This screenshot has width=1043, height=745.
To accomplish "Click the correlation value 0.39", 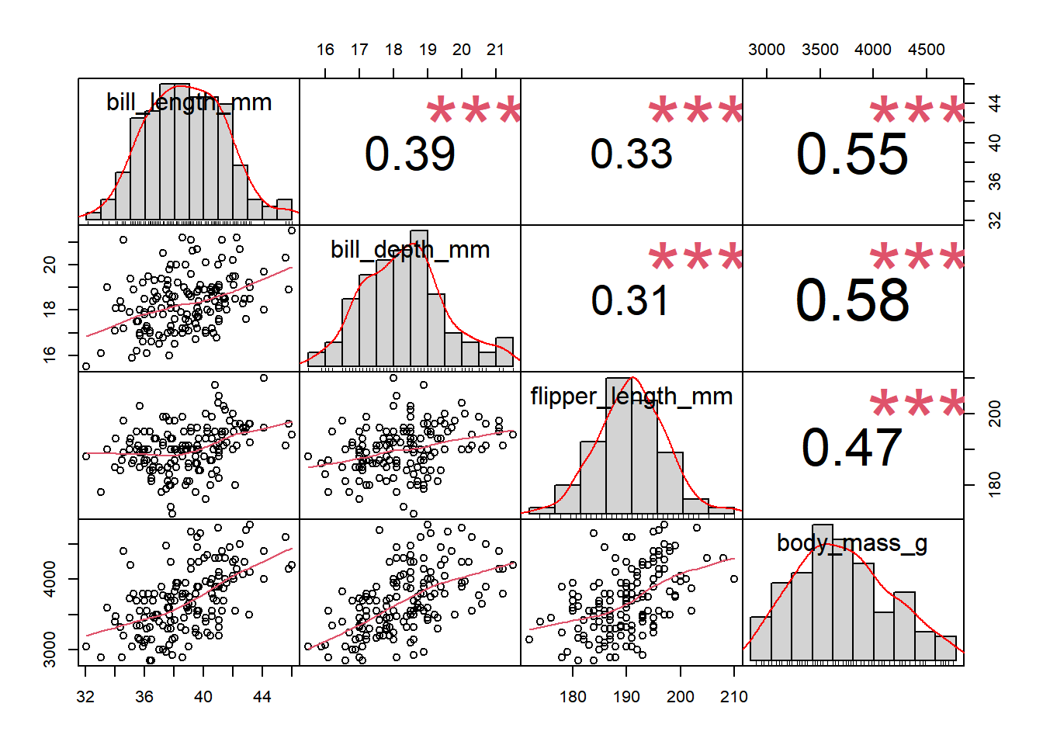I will pyautogui.click(x=410, y=154).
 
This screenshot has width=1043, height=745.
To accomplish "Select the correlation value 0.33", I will pyautogui.click(x=631, y=154).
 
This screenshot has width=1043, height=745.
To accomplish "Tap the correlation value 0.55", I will pyautogui.click(x=852, y=154).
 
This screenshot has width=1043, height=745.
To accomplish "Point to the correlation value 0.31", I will pyautogui.click(x=630, y=300).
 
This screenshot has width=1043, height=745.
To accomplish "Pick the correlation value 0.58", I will pyautogui.click(x=852, y=300).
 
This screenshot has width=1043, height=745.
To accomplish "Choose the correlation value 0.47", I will pyautogui.click(x=851, y=448).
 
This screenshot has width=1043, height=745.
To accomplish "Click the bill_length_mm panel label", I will pyautogui.click(x=189, y=102).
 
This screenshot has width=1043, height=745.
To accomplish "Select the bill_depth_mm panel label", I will pyautogui.click(x=410, y=250).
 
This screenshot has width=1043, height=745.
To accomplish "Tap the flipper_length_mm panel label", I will pyautogui.click(x=631, y=397).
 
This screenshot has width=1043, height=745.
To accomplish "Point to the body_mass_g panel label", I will pyautogui.click(x=852, y=543).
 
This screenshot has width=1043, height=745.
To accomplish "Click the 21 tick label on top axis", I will pyautogui.click(x=496, y=50).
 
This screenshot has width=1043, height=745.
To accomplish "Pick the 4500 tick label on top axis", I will pyautogui.click(x=927, y=50).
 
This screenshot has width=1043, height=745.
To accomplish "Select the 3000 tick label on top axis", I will pyautogui.click(x=767, y=50).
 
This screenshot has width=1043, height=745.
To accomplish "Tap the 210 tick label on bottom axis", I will pyautogui.click(x=734, y=697).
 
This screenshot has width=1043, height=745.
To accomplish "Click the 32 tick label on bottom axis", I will pyautogui.click(x=85, y=697).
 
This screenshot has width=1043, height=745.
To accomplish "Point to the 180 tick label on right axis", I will pyautogui.click(x=995, y=485).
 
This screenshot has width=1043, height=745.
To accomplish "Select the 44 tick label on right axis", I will pyautogui.click(x=995, y=103).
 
